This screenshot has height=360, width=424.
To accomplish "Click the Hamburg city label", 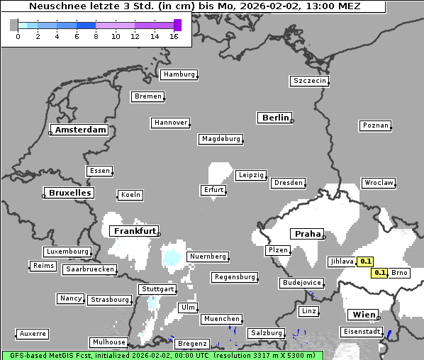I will click(179, 74).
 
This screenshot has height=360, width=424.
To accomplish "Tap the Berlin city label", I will click(276, 118).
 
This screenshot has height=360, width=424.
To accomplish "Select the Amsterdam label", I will click(80, 130).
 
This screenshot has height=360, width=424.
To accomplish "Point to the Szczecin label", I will click(310, 81).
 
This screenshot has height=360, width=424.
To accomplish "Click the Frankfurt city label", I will click(134, 231).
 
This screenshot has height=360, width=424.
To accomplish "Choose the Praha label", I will click(308, 234).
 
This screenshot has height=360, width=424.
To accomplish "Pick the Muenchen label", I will click(221, 319).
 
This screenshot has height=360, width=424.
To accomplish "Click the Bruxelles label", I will click(69, 193).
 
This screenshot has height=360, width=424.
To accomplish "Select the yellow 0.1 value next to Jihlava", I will click(366, 261).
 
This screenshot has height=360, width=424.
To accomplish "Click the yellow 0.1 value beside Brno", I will click(379, 273).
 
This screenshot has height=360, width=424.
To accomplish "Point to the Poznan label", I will click(375, 125).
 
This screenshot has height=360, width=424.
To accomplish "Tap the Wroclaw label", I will click(379, 183).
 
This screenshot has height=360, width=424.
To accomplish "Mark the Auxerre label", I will click(33, 333).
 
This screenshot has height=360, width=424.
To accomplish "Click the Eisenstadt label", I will click(362, 332).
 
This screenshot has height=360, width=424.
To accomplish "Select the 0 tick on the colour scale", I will click(18, 37).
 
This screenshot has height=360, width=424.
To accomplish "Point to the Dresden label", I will click(288, 183).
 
